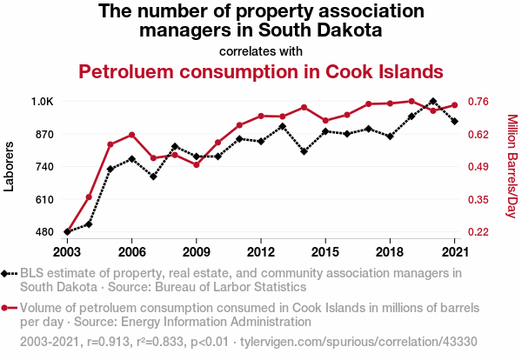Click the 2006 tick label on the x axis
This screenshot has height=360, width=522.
[x=131, y=251]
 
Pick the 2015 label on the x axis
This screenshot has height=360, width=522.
[x=325, y=251]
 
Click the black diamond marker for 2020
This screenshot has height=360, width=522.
[x=432, y=102]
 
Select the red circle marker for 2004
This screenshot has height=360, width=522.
[x=89, y=197]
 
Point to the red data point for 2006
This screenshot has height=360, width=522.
[x=131, y=135]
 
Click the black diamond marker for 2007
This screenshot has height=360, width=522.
[x=153, y=177]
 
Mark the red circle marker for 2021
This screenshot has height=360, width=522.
[x=454, y=105]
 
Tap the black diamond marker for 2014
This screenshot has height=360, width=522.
[x=304, y=151]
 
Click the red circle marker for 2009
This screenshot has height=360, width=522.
[x=196, y=164]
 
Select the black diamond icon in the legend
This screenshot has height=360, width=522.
[x=7, y=273]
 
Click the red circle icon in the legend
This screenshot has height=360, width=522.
[x=7, y=308]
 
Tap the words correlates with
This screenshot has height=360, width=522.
[x=261, y=50]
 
